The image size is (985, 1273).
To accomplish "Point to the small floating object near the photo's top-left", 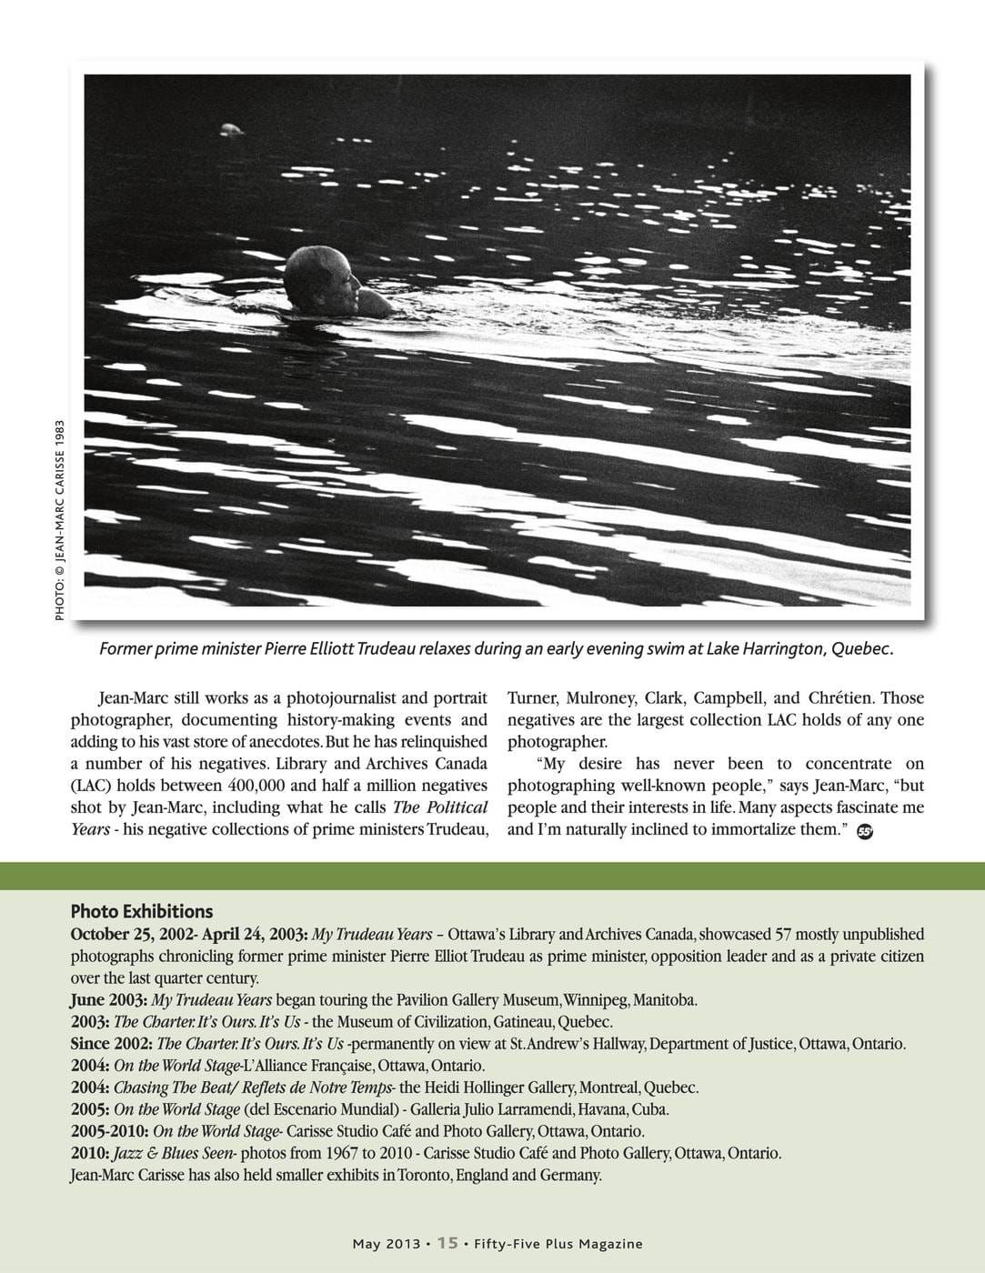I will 231,130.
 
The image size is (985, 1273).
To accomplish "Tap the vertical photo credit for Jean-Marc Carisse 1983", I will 60,520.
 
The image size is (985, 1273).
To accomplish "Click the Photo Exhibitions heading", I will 142,911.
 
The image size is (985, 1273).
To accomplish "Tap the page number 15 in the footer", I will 447,1243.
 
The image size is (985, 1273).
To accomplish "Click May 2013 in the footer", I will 387,1244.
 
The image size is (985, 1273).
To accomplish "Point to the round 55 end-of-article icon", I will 865,831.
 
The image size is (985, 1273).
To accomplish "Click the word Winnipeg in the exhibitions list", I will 594,1000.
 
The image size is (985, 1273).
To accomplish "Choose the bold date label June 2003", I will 107,1000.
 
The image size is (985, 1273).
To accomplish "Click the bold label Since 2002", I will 111,1044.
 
